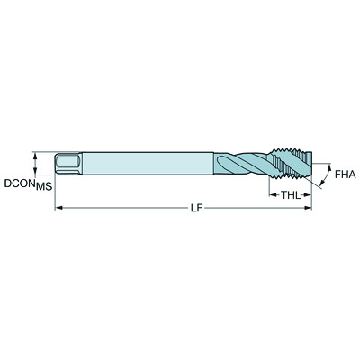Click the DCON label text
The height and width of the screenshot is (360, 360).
pyautogui.click(x=18, y=184)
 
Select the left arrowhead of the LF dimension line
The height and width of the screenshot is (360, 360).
pyautogui.click(x=60, y=209)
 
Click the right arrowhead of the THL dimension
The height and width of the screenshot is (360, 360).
pyautogui.click(x=310, y=193)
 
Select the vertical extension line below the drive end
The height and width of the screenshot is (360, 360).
pyautogui.click(x=57, y=193)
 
